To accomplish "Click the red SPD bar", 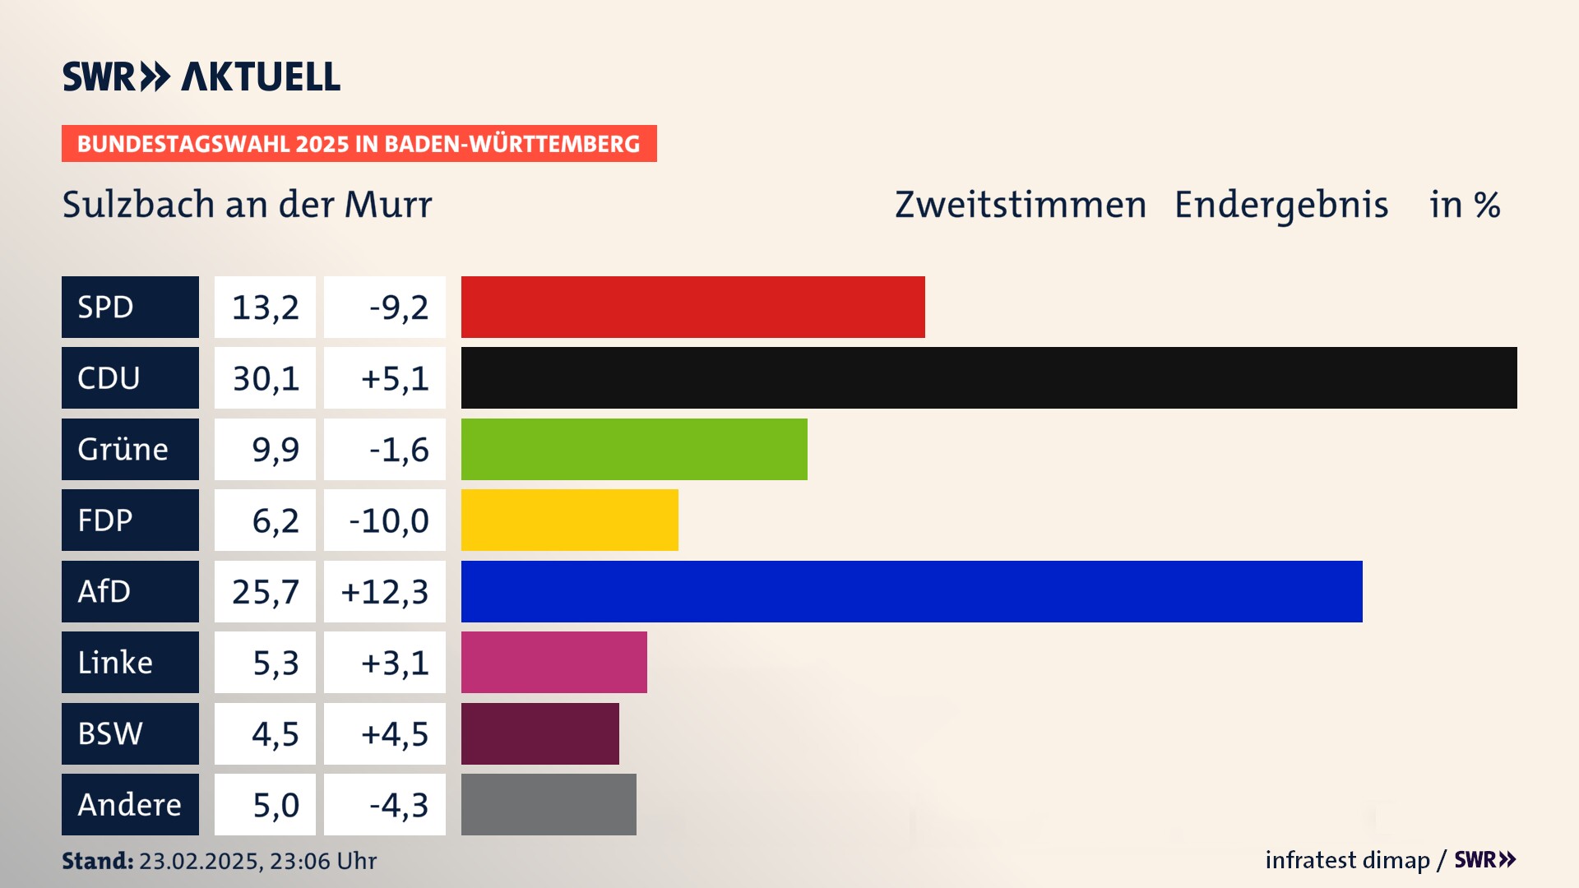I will coord(692,307).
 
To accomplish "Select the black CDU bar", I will coord(989,377).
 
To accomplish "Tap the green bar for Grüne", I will coord(634,449).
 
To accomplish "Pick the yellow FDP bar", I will coord(569,520).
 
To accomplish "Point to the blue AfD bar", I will coord(911,591).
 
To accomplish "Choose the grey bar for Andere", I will coord(549,804).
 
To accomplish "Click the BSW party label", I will coord(130,733).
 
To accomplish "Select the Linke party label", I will coord(130,662).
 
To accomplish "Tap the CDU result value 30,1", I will coord(265,378).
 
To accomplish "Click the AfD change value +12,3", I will coord(385,592).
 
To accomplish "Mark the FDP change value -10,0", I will coord(388,520).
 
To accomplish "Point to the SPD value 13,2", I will coord(265,308).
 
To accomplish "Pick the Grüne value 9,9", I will coord(275,450).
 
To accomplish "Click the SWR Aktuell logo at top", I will coord(201,76).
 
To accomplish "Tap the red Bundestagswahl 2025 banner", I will coord(359,144).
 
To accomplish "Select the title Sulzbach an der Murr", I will coord(247,205).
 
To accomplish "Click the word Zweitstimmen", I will coord(1020,205).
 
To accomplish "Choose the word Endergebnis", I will coord(1280,205).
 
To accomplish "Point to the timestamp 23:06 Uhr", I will coord(322,861).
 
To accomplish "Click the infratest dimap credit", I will coord(1347,860).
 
